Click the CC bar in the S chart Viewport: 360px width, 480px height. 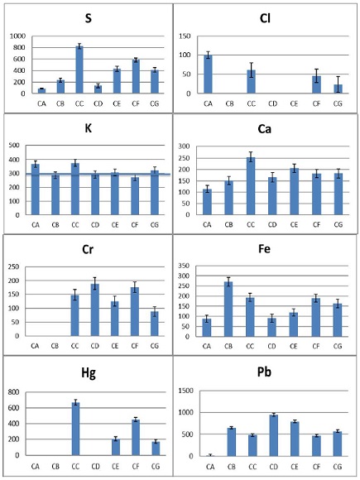[79, 70]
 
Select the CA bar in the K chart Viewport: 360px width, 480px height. [35, 190]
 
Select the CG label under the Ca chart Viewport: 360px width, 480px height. [338, 224]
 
